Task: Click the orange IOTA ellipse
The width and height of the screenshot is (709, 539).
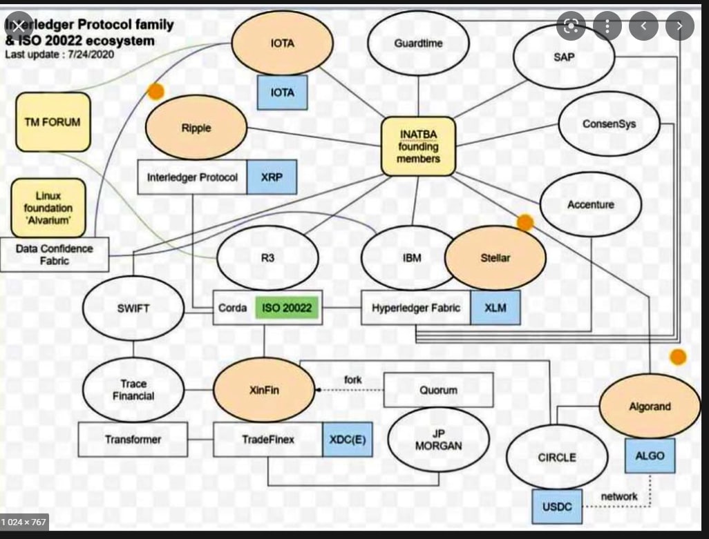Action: pyautogui.click(x=282, y=43)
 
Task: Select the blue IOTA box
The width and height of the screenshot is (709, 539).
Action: pyautogui.click(x=282, y=92)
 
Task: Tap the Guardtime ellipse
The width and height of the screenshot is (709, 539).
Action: pyautogui.click(x=418, y=43)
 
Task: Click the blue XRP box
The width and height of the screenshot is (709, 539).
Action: pyautogui.click(x=272, y=177)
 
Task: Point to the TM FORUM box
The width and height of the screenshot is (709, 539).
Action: pyautogui.click(x=53, y=122)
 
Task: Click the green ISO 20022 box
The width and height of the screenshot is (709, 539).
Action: pyautogui.click(x=287, y=308)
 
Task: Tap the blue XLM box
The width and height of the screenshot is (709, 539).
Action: pyautogui.click(x=495, y=308)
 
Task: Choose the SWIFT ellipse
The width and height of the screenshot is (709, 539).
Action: pyautogui.click(x=133, y=308)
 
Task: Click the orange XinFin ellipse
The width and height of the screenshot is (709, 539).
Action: pyautogui.click(x=263, y=390)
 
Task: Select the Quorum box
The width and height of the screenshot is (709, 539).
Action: pyautogui.click(x=438, y=390)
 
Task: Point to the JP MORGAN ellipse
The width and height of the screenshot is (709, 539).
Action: pyautogui.click(x=438, y=440)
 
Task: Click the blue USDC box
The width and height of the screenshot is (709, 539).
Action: pyautogui.click(x=557, y=507)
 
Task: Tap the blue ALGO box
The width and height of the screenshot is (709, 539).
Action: pyautogui.click(x=650, y=456)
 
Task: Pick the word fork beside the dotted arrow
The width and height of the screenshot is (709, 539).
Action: pyautogui.click(x=352, y=380)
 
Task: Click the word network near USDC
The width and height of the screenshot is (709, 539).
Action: pyautogui.click(x=619, y=496)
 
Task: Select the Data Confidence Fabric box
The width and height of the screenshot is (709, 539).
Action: pyautogui.click(x=54, y=255)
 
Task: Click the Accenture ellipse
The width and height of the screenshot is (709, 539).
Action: pyautogui.click(x=590, y=204)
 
